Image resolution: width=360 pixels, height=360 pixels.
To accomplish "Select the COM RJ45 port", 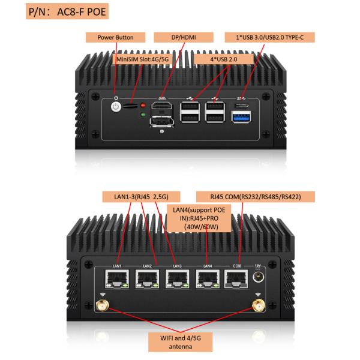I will [x=236, y=279].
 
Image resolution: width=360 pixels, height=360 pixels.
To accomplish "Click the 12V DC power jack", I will [x=259, y=277].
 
